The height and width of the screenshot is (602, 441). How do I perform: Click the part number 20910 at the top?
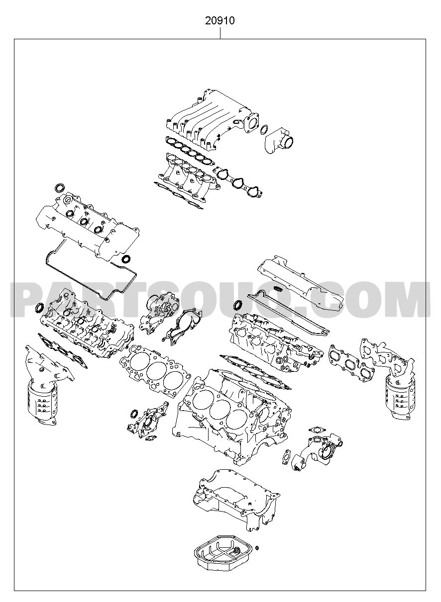coord(220,20)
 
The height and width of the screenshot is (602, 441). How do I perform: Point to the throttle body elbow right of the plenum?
coord(279,140)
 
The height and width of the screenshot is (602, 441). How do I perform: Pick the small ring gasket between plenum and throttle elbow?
coord(264,130)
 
